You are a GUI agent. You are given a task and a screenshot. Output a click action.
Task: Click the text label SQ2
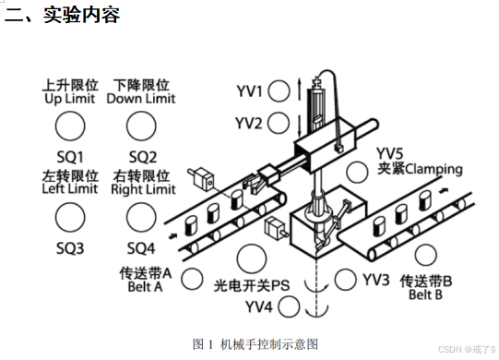[x=143, y=157]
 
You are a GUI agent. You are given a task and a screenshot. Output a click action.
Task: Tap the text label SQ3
[x=70, y=248]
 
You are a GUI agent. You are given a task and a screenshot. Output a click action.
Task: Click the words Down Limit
[x=141, y=99]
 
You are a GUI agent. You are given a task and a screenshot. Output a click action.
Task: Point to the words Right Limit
[x=143, y=190]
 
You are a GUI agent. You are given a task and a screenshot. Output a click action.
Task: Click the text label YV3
[x=376, y=280]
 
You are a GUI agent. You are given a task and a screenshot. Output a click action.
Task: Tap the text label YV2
[x=248, y=124]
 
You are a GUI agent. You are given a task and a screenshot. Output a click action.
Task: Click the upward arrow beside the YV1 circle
[x=299, y=89]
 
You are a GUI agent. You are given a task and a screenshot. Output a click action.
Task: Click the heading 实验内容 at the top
[x=81, y=15]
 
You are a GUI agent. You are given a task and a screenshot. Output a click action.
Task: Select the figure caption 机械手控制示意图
[x=269, y=344]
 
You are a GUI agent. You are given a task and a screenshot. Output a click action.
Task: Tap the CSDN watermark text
[x=467, y=349]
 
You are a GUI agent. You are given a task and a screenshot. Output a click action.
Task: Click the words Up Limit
[x=70, y=99]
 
